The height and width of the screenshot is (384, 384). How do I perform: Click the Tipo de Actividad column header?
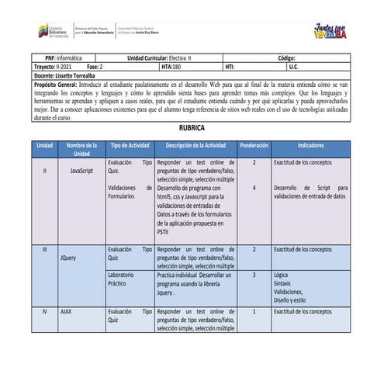coord(130,145)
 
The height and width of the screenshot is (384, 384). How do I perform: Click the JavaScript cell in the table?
coord(81,169)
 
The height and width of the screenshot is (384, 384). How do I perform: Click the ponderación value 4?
coord(254,188)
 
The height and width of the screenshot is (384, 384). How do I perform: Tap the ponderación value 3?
coord(254,275)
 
